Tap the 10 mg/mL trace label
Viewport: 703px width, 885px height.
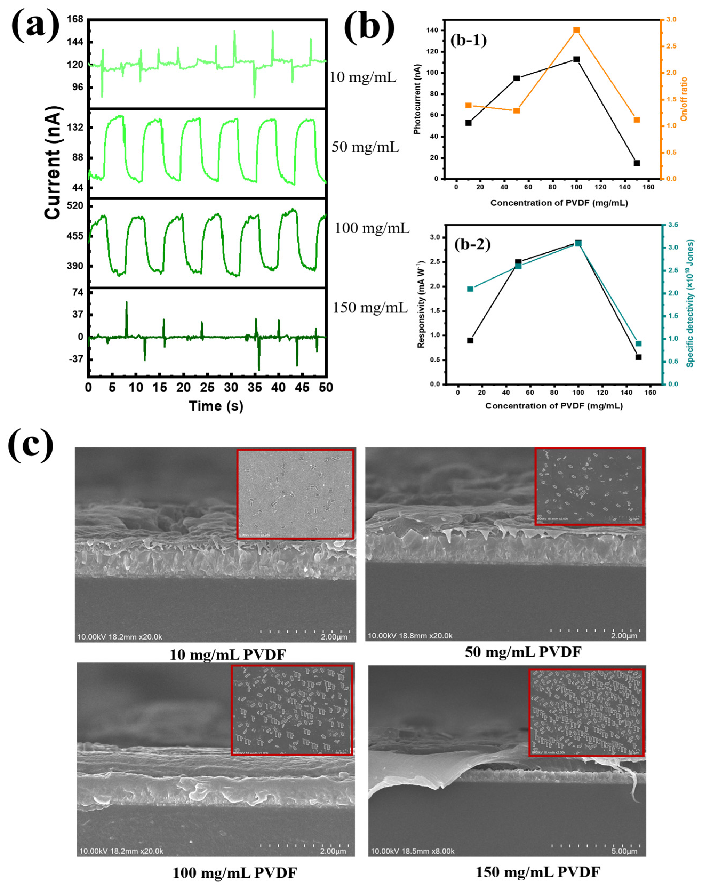pyautogui.click(x=363, y=77)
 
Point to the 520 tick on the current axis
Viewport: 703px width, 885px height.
pyautogui.click(x=75, y=206)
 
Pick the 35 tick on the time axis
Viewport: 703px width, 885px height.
pyautogui.click(x=255, y=387)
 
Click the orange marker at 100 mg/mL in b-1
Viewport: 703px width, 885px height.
pyautogui.click(x=576, y=30)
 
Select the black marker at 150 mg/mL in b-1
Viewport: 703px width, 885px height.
pyautogui.click(x=637, y=163)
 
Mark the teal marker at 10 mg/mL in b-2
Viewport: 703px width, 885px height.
pyautogui.click(x=470, y=289)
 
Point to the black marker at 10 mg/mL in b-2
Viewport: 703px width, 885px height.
pyautogui.click(x=470, y=340)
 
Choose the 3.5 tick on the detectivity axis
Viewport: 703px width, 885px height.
pyautogui.click(x=673, y=225)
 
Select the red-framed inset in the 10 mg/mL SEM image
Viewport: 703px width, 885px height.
pyautogui.click(x=295, y=493)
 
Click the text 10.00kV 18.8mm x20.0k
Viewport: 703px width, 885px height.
pyautogui.click(x=410, y=636)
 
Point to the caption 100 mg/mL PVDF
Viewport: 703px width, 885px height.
pyautogui.click(x=234, y=873)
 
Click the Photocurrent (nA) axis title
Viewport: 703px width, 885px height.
pyautogui.click(x=417, y=99)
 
